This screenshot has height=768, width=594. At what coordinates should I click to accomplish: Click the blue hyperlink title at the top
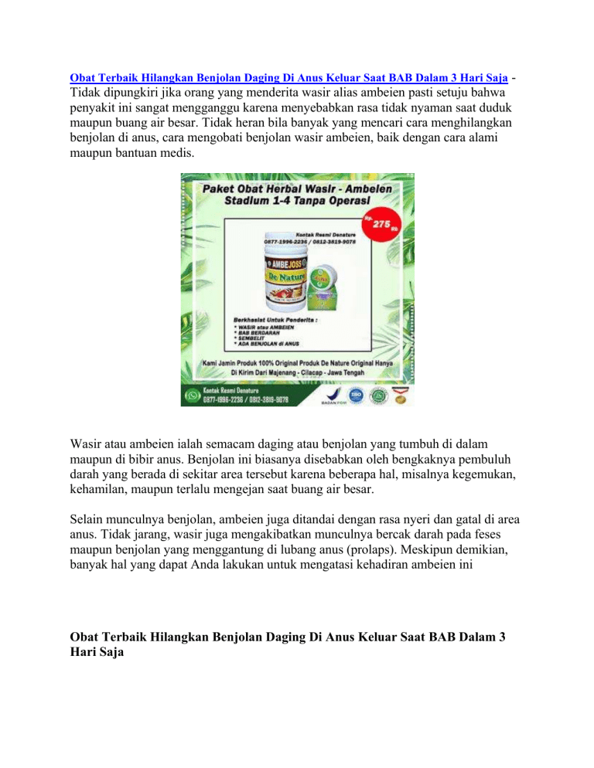288,79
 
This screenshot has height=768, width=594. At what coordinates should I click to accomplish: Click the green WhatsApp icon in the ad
190,396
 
